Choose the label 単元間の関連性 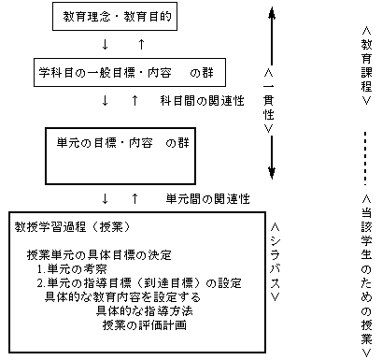tap(207, 198)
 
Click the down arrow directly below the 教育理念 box tap(106, 44)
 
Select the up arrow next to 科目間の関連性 tap(136, 99)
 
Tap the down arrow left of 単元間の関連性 tap(106, 198)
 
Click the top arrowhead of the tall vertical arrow tap(271, 13)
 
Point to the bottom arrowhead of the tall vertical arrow tap(271, 174)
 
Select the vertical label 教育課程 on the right tap(366, 65)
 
